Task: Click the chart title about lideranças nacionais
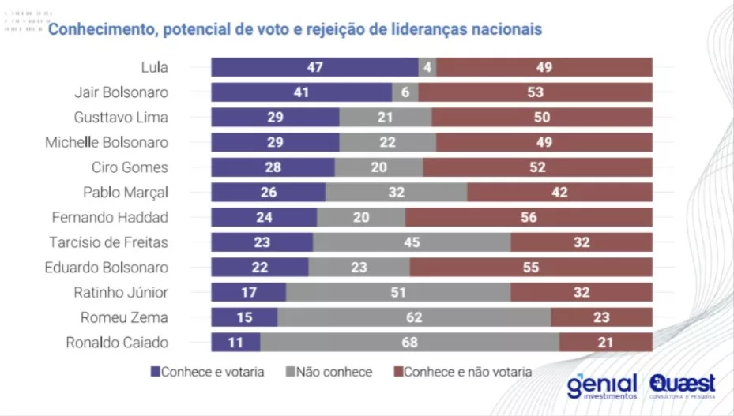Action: click(x=295, y=30)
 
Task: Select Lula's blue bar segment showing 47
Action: click(x=314, y=67)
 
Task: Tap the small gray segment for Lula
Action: click(x=427, y=67)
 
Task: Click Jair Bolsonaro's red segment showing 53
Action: click(x=535, y=92)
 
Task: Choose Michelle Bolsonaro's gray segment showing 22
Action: click(x=387, y=143)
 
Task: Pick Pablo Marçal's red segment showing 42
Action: click(x=559, y=193)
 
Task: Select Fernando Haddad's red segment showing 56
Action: click(x=529, y=217)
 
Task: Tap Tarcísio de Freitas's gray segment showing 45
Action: click(x=412, y=242)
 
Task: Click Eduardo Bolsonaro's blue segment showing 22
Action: click(x=259, y=268)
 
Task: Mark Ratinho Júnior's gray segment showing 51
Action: click(x=398, y=292)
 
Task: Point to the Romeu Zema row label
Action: click(x=124, y=317)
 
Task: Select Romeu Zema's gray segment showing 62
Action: click(x=414, y=317)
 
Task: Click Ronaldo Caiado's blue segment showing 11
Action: click(x=235, y=343)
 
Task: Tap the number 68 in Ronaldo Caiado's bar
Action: click(x=409, y=343)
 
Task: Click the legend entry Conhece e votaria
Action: click(x=207, y=371)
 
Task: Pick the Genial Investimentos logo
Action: click(x=601, y=384)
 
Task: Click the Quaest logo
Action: click(x=683, y=384)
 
